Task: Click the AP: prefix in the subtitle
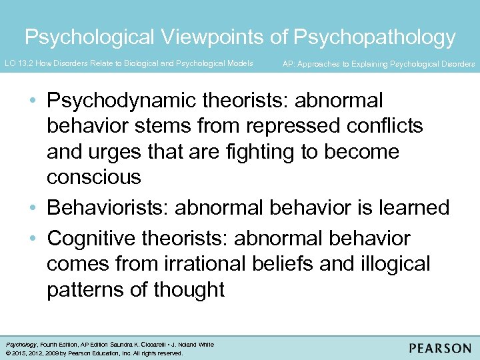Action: [x=289, y=64]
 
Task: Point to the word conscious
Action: [x=93, y=177]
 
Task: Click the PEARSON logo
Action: [x=441, y=348]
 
